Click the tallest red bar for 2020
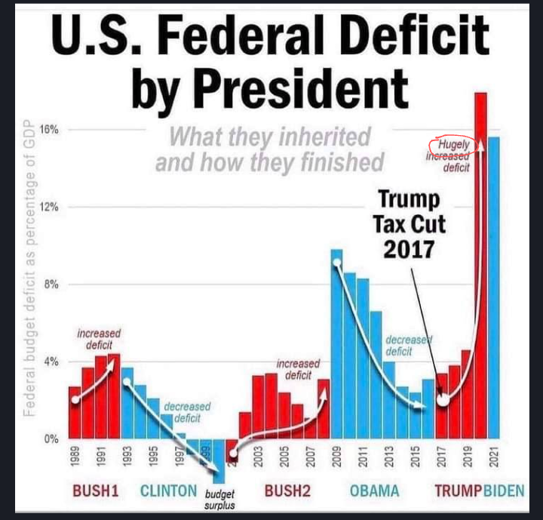pyautogui.click(x=480, y=264)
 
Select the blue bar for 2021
pyautogui.click(x=494, y=287)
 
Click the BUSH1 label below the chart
pyautogui.click(x=96, y=491)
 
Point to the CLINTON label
pyautogui.click(x=168, y=491)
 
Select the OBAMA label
pyautogui.click(x=374, y=491)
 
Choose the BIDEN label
pyautogui.click(x=504, y=491)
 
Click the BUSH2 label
pyautogui.click(x=287, y=491)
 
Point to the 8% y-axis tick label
pyautogui.click(x=51, y=285)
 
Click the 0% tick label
pyautogui.click(x=51, y=438)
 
